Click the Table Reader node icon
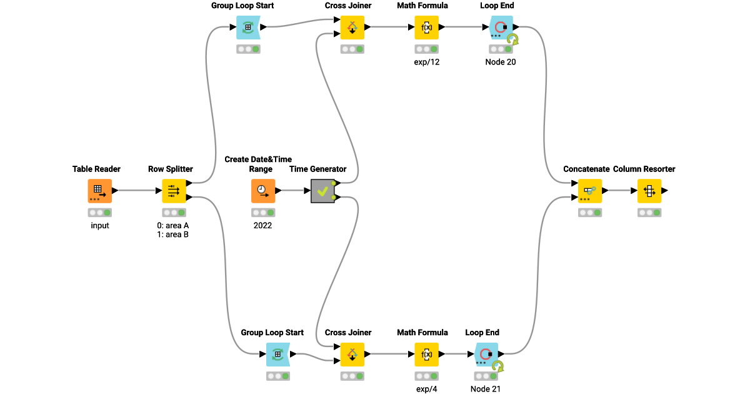(x=100, y=191)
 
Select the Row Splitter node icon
(x=174, y=191)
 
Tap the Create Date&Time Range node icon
(x=263, y=191)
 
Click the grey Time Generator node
(x=322, y=191)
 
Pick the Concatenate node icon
(x=589, y=191)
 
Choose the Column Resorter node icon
(x=649, y=191)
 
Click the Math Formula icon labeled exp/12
(x=426, y=28)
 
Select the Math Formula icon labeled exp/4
(x=426, y=355)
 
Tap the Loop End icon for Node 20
(x=501, y=28)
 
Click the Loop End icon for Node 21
(x=486, y=355)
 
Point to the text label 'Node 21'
(x=486, y=389)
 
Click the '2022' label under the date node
(x=262, y=225)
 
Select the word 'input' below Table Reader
(x=100, y=225)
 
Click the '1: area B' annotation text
(x=173, y=235)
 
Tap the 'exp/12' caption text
(x=427, y=62)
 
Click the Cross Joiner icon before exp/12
(x=352, y=28)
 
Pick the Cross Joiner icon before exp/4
(x=352, y=355)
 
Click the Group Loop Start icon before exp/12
(x=248, y=28)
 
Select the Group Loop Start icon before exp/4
(x=278, y=355)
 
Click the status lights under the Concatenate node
(x=590, y=213)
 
